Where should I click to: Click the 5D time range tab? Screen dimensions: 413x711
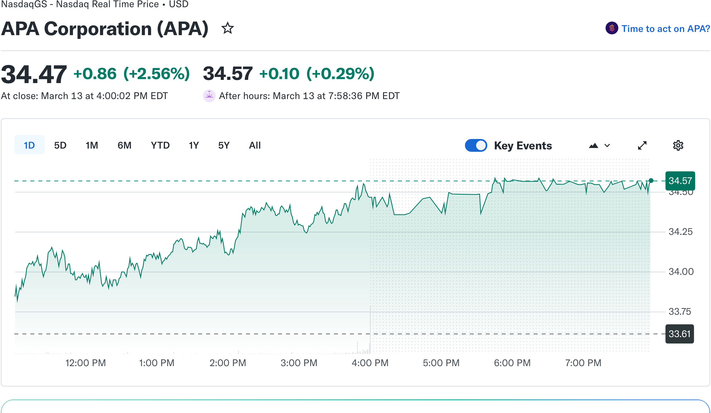pos(60,145)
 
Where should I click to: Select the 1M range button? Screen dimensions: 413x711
pos(92,145)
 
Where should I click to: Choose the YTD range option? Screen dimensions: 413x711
pos(160,145)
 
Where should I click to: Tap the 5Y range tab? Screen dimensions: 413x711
pos(224,145)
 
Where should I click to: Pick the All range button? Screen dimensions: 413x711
pos(255,145)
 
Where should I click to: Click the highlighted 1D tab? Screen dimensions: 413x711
pos(29,145)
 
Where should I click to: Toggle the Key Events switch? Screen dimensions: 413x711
pos(476,145)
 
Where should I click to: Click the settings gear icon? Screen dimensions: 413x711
pos(678,145)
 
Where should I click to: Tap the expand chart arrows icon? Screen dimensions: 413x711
pos(642,145)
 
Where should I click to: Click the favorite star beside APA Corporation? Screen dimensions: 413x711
pos(227,28)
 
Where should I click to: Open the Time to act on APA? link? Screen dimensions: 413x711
pos(665,29)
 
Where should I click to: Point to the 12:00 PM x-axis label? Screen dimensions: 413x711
pos(85,363)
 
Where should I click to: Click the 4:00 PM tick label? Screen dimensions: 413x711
pos(370,363)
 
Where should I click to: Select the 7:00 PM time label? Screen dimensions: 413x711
pos(583,363)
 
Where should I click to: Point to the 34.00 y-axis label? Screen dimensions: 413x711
pos(681,272)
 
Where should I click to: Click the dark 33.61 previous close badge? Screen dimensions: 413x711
pos(679,334)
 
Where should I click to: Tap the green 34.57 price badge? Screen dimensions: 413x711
pos(680,181)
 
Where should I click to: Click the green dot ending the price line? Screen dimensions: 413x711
pos(651,181)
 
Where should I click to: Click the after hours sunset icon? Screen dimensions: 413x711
pos(209,96)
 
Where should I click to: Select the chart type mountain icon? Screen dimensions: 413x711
pos(594,146)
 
